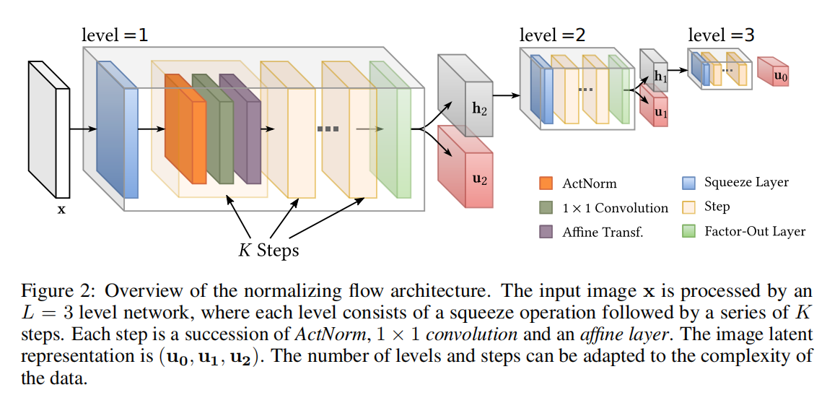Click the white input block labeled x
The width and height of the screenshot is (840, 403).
49,129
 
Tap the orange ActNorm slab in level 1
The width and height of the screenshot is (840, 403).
185,129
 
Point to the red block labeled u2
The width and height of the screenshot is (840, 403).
465,166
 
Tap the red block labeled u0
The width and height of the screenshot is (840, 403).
773,71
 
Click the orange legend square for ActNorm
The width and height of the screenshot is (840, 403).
546,183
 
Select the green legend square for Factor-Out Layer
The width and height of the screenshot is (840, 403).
688,231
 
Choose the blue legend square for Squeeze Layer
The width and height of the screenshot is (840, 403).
688,182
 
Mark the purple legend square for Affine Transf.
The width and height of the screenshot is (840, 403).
546,232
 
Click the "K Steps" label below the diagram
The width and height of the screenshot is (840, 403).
268,250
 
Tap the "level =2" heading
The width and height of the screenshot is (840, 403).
552,35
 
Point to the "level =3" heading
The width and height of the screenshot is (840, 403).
721,35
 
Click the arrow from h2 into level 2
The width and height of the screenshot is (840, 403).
507,96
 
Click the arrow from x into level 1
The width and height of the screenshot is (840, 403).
83,129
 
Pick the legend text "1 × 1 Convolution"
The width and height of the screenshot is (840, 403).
615,208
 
